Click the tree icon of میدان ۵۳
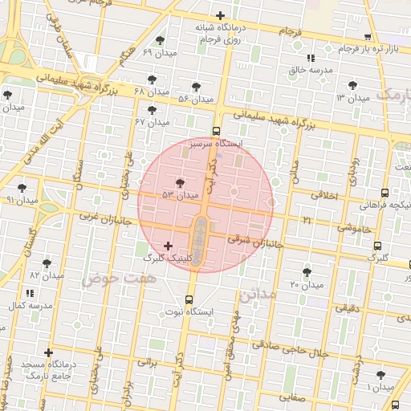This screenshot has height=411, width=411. tap(179, 182)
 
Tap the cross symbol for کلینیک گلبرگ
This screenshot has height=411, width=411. tap(167, 245)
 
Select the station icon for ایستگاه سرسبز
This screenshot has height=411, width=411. tap(216, 131)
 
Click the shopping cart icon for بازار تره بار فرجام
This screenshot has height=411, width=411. tap(368, 37)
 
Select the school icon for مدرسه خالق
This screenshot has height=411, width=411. tap(310, 58)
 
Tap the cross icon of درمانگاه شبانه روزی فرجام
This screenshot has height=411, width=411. tap(220, 15)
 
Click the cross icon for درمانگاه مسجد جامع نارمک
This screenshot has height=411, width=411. tap(49, 352)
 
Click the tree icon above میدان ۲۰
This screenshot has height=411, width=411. tap(306, 272)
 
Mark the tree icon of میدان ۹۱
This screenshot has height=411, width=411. tap(22, 187)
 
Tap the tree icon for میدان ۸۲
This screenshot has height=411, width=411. tap(46, 262)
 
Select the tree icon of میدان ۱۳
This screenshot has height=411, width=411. tap(352, 84)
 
